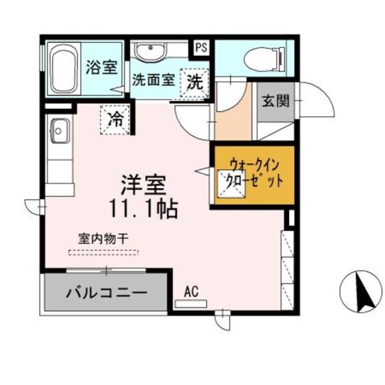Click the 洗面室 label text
coord(153,80)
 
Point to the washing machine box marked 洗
coord(195,82)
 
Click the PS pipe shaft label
coord(202,47)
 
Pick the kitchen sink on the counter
coord(59,130)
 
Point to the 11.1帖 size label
coord(142,209)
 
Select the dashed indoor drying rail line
coord(103,252)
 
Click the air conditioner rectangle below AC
coord(191,303)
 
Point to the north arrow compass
coord(360,291)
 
